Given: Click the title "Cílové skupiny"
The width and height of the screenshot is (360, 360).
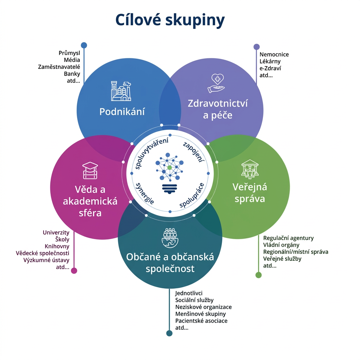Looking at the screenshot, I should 170,21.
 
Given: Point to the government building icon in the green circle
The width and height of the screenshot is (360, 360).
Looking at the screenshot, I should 250,168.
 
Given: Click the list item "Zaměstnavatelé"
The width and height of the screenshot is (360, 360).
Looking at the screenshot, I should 59,67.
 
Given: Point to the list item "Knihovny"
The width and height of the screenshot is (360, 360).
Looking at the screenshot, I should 57,246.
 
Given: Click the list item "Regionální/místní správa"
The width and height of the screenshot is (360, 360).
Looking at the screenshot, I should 296,252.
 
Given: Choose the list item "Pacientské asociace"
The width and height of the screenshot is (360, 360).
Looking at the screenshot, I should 201,321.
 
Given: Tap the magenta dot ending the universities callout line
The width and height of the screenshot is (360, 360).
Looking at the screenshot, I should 74,270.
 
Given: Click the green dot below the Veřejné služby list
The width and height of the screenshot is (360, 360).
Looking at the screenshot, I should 258,275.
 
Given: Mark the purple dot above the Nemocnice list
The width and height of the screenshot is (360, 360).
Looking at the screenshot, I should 257,46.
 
